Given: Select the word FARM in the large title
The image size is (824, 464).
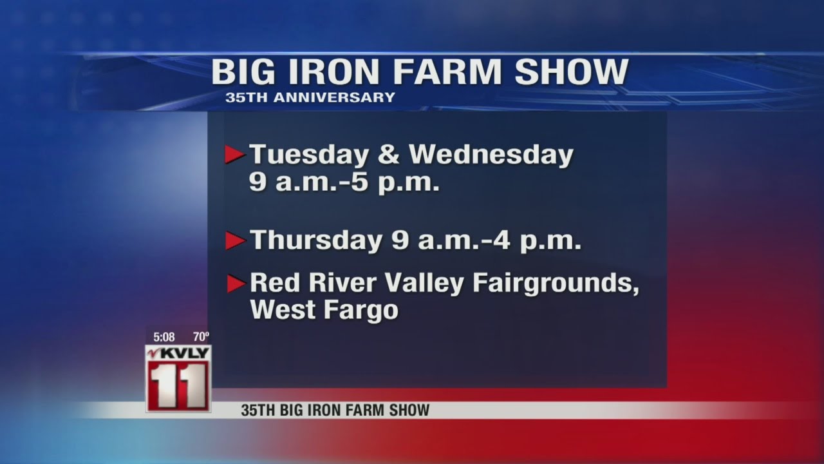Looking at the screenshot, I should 447,72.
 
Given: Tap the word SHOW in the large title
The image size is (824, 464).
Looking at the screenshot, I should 571,72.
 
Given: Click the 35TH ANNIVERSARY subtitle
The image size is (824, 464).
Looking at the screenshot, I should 310,98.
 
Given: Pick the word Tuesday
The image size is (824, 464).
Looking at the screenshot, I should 309,155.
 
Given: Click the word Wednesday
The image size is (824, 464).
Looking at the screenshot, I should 491,155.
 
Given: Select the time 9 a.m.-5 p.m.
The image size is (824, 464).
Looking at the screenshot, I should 344,184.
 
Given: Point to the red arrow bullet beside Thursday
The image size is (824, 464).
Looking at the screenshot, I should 235,241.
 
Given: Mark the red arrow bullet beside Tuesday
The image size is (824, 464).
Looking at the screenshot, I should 235,155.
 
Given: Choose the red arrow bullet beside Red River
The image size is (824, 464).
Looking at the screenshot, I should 236,284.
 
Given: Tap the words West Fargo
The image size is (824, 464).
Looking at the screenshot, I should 324,310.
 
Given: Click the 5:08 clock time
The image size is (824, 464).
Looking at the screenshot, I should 164,336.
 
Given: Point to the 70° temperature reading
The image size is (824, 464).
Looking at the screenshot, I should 201,336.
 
